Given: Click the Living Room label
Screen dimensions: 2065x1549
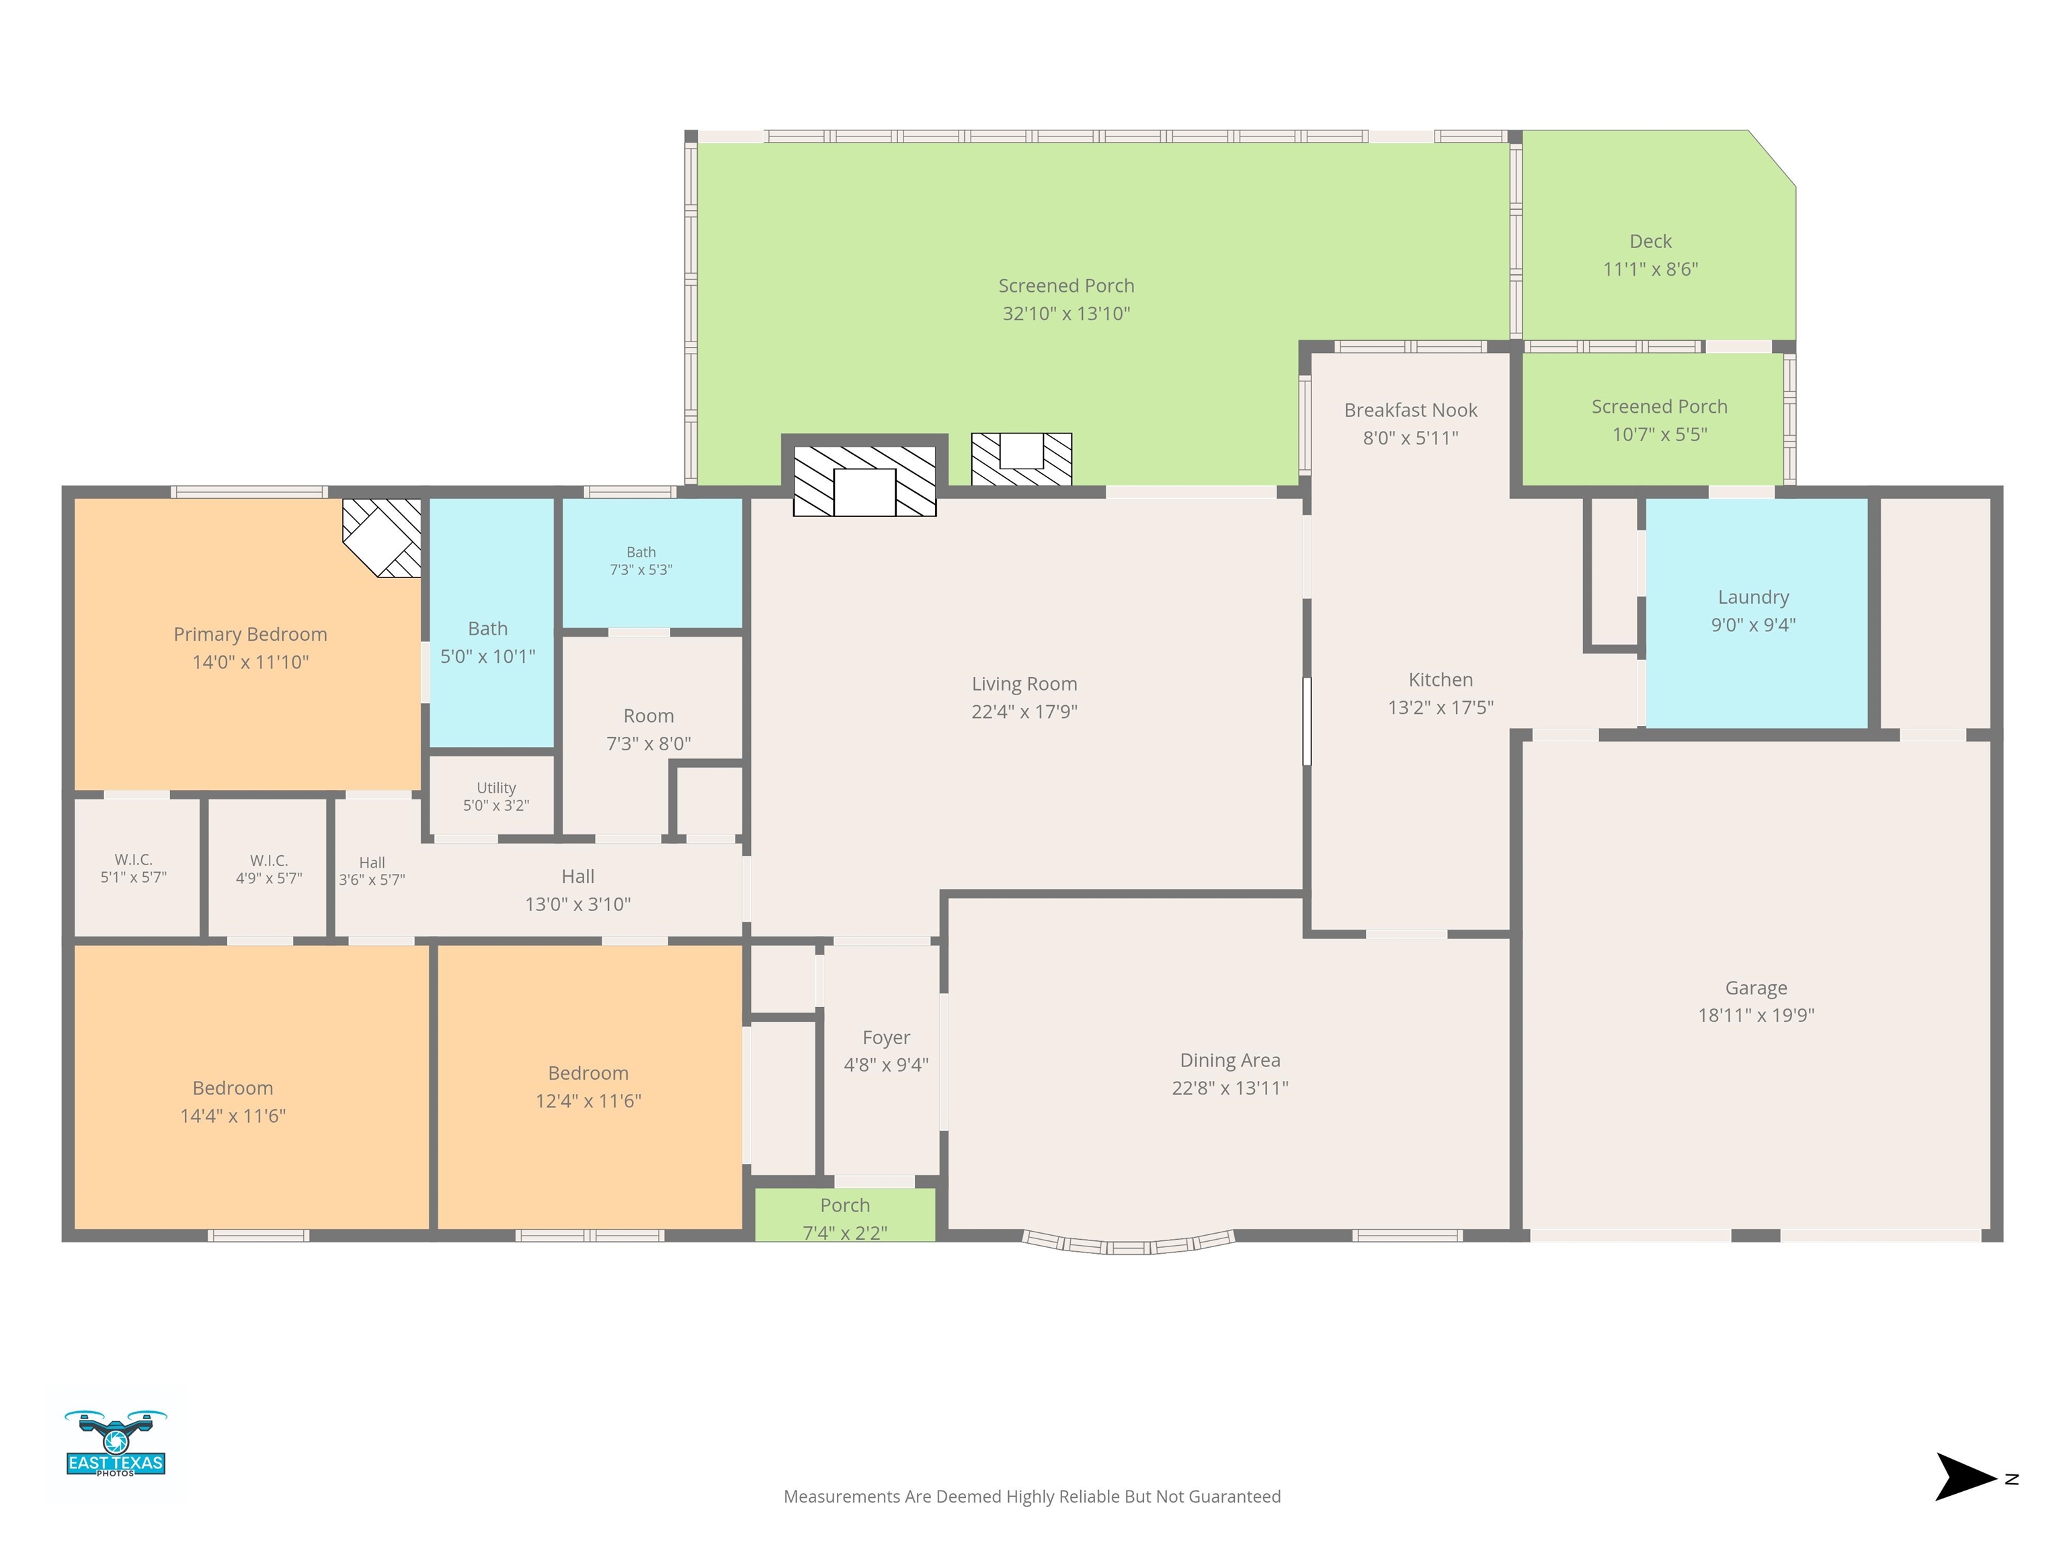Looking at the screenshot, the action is click(1024, 684).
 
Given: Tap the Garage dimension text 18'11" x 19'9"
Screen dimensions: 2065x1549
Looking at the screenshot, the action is click(1756, 1015).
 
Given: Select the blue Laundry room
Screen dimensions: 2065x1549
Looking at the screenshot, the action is click(1756, 612).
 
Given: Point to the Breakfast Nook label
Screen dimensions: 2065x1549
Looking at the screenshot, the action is click(1410, 410).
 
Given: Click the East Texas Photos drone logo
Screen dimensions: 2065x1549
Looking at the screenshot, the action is click(116, 1443).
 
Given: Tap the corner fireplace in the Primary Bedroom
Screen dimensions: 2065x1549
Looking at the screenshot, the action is click(382, 538).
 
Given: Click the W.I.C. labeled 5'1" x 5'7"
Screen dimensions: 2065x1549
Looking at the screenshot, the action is click(134, 867).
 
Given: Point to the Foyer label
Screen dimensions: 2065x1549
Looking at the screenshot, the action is click(886, 1037).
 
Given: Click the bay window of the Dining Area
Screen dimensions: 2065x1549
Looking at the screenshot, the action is click(1128, 1242).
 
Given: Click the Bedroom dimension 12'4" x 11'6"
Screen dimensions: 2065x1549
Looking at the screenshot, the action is click(588, 1101).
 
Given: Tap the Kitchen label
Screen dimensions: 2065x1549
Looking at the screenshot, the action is click(1441, 680).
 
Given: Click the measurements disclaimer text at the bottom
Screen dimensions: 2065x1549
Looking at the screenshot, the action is click(1032, 1497).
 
